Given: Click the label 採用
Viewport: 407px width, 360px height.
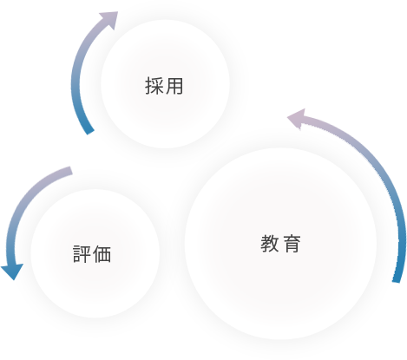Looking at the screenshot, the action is tap(164, 86).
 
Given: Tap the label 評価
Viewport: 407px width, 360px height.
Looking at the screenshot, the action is tap(92, 254).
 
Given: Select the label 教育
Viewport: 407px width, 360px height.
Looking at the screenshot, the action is tap(280, 244).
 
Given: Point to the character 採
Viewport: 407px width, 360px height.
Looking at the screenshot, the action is tap(154, 86).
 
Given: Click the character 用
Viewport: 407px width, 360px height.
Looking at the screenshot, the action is tap(174, 86).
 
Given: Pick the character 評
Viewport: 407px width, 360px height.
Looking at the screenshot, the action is tap(82, 254).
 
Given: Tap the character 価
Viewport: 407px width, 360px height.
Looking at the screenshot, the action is tap(102, 254).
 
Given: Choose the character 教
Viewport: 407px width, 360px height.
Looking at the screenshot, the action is tap(270, 244).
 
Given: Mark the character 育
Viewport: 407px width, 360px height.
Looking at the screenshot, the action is tap(292, 244).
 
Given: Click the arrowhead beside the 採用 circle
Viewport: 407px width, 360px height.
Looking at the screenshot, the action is tap(110, 19).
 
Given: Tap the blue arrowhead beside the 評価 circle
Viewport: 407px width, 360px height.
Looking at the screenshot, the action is tap(12, 272).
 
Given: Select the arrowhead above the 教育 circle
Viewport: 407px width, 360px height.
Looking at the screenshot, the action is tap(297, 119).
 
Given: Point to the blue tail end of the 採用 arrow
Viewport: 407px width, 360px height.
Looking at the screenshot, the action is tap(90, 131).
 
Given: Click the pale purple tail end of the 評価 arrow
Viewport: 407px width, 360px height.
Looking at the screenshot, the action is tap(70, 171).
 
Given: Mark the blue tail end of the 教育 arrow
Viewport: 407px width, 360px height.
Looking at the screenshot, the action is tap(397, 281).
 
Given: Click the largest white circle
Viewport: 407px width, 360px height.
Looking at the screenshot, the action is tap(280, 244).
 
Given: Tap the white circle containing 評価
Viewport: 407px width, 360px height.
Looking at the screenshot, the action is tap(95, 253).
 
